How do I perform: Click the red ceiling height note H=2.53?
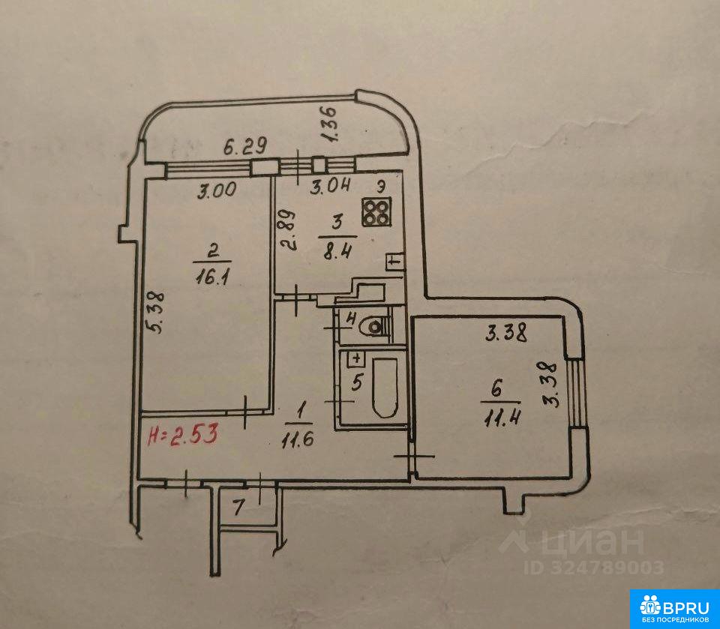(182, 434)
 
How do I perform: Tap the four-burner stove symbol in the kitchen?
(376, 211)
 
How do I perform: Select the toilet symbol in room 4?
(375, 327)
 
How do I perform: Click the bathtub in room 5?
(385, 388)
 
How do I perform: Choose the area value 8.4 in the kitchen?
(338, 252)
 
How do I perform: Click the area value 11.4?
(501, 418)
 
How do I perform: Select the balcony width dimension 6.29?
(245, 148)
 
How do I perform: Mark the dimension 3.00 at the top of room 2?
(216, 190)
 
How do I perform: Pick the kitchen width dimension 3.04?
(330, 187)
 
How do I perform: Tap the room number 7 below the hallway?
(238, 508)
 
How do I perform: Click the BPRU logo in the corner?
(674, 609)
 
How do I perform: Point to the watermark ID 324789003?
(594, 568)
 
